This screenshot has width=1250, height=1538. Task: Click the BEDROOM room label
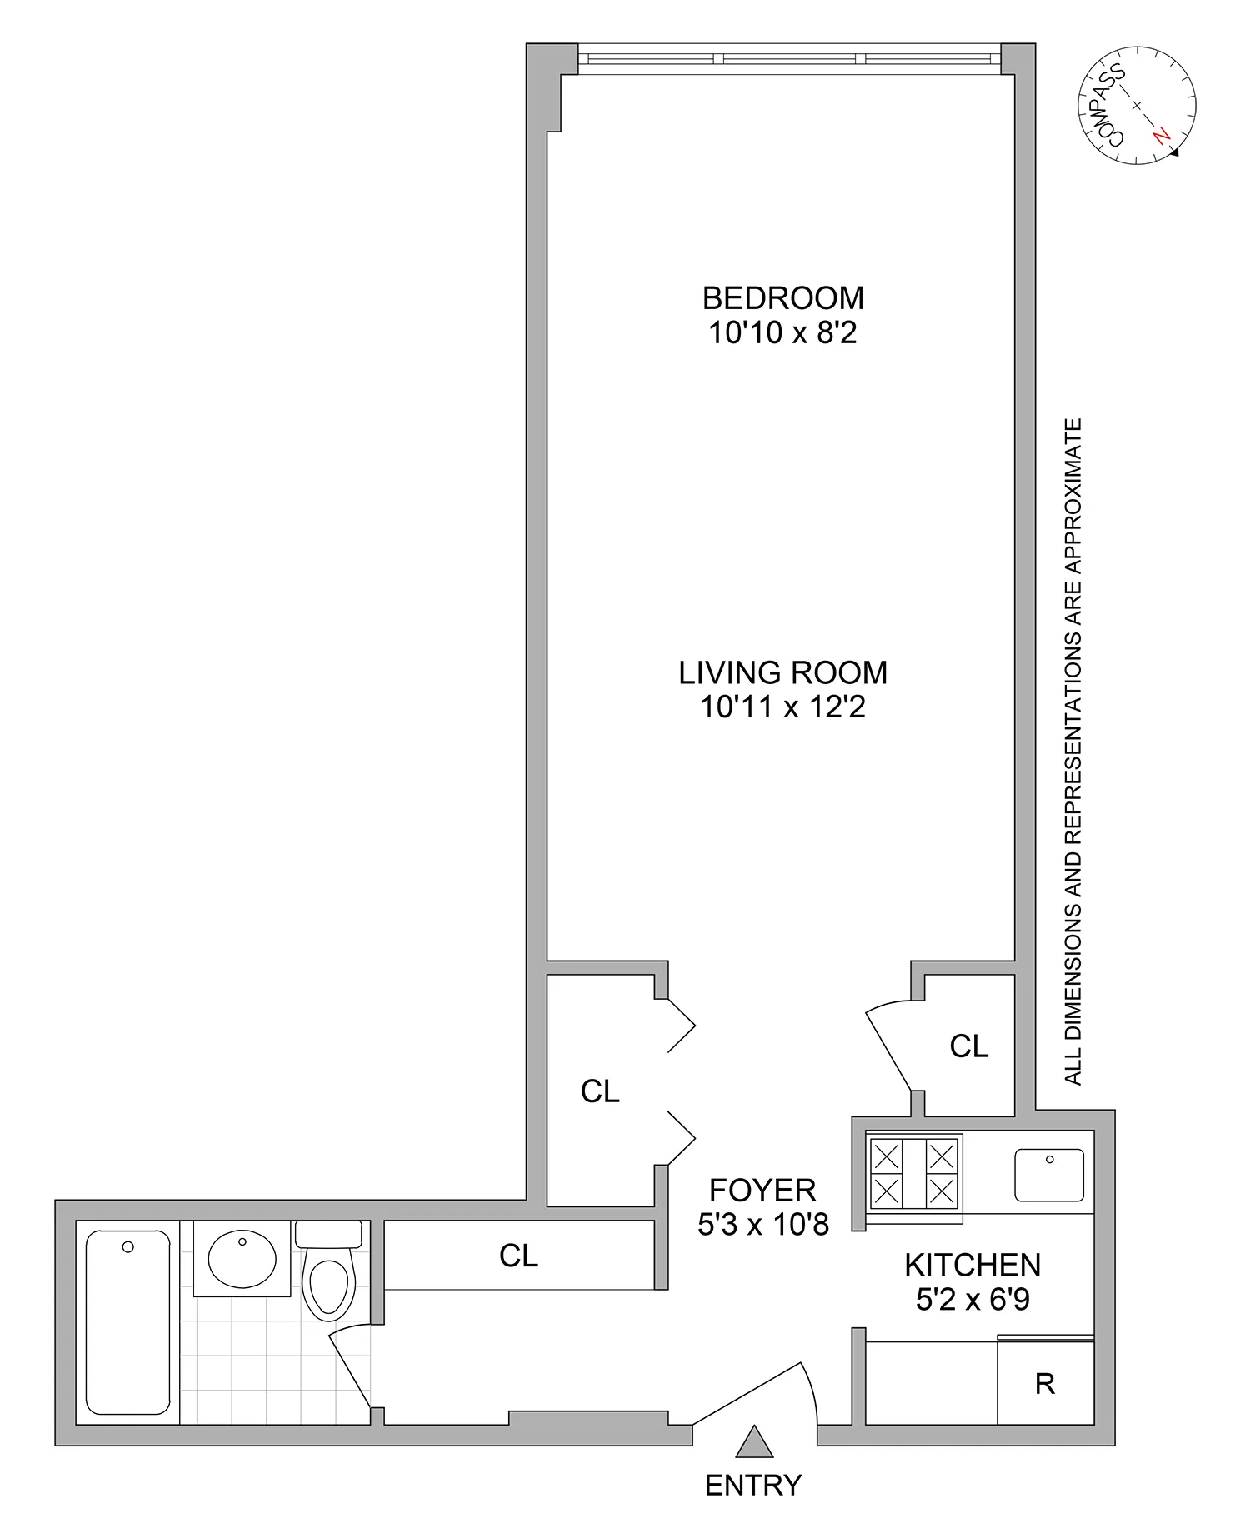click(x=782, y=297)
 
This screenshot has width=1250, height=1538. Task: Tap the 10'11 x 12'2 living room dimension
click(x=782, y=707)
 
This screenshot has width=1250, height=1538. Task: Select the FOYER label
click(x=762, y=1189)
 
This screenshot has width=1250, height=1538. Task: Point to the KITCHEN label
click(x=972, y=1265)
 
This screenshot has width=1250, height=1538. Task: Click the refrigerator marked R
click(x=1045, y=1384)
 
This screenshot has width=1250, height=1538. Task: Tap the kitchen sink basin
click(x=1049, y=1175)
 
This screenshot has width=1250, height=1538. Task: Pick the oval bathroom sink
click(x=242, y=1260)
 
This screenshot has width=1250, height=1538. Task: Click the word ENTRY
click(x=752, y=1485)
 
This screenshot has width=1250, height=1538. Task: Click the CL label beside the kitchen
click(x=968, y=1046)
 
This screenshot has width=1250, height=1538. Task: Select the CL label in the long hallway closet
click(x=518, y=1256)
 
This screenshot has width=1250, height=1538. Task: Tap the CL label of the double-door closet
click(x=600, y=1091)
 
